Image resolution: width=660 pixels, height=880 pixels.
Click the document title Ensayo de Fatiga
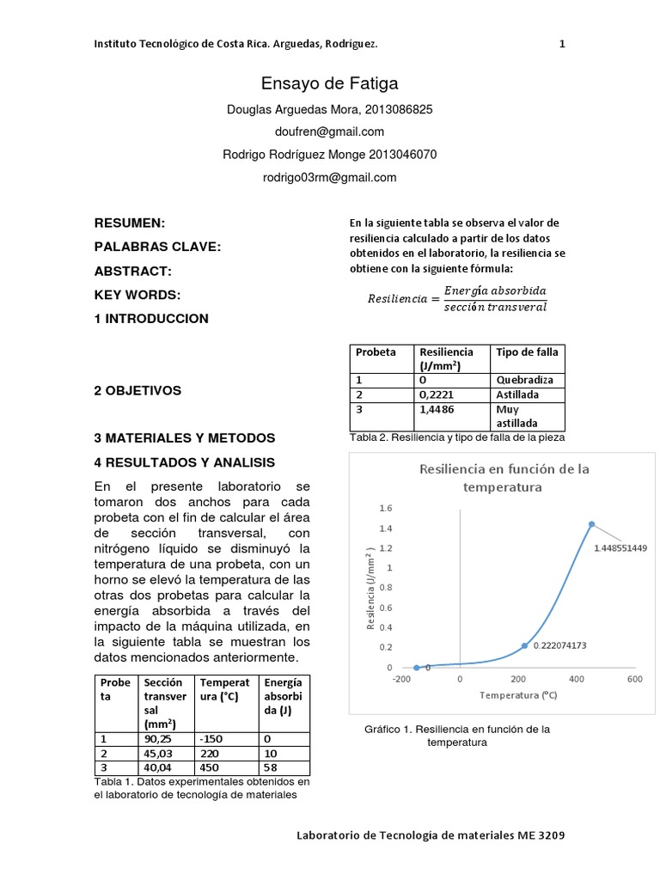(329, 83)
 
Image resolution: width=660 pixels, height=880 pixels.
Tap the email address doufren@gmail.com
(329, 131)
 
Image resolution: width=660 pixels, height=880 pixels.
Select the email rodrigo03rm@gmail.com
(329, 177)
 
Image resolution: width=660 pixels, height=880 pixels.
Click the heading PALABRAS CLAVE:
(157, 247)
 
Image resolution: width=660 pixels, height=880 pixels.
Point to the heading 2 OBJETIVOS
(137, 390)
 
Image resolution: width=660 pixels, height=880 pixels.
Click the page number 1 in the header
(562, 44)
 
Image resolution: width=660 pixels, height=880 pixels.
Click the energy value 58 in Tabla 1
(271, 767)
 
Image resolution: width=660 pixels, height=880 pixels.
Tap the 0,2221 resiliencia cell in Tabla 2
(436, 394)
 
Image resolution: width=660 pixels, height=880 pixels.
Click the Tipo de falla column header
(527, 352)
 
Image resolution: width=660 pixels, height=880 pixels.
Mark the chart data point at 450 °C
(591, 523)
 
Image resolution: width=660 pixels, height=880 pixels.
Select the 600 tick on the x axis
(634, 679)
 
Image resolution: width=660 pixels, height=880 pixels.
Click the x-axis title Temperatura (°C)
(518, 695)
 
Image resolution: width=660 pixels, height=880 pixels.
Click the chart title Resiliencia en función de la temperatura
(504, 478)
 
